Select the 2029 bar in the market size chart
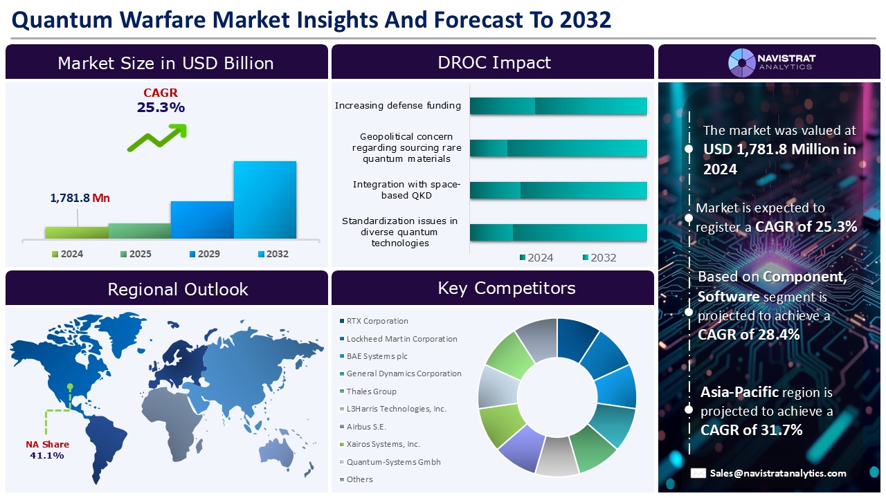point(202,220)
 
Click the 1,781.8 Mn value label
point(80,198)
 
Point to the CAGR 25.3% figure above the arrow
point(161,101)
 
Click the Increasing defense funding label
point(397,106)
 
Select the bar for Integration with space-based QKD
point(558,190)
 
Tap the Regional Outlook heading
point(177,288)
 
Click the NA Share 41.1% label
point(47,450)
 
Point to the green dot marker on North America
point(70,387)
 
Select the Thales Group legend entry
point(371,391)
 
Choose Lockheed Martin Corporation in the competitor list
point(401,339)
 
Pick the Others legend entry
point(359,479)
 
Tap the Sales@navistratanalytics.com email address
point(777,473)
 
